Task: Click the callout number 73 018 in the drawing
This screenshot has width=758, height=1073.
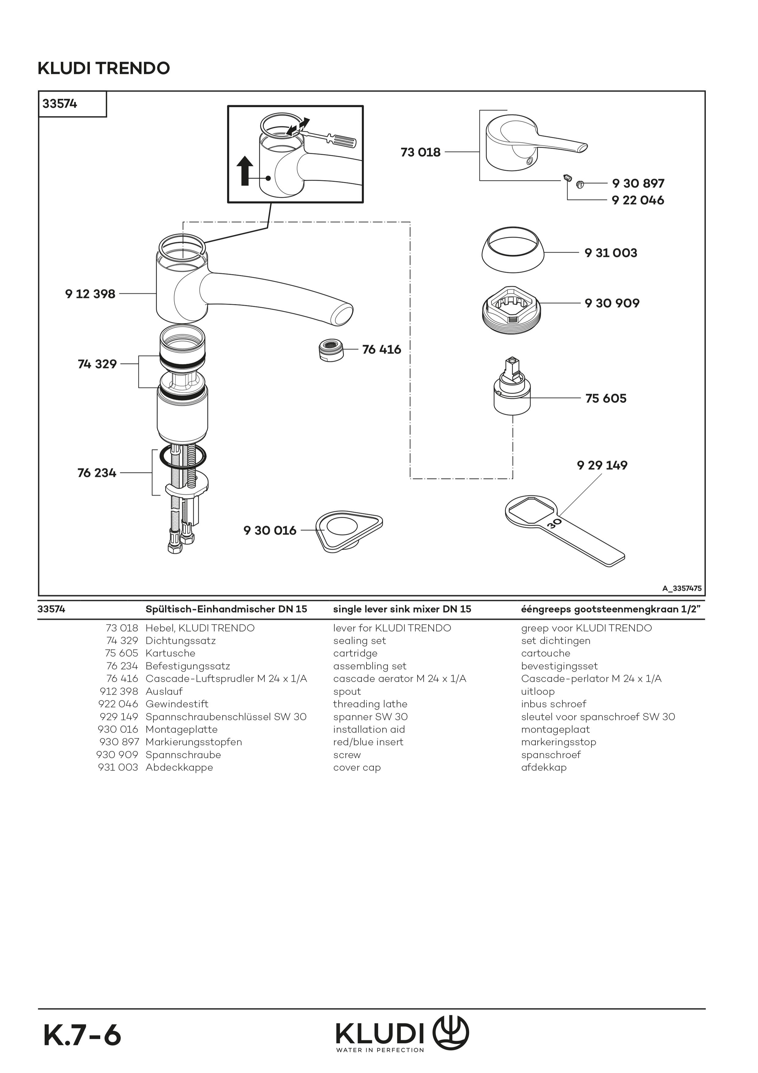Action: point(420,152)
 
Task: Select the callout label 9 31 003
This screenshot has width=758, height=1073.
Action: point(611,253)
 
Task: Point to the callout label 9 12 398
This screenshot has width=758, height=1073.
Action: point(90,294)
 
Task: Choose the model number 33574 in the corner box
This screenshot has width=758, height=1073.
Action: point(60,104)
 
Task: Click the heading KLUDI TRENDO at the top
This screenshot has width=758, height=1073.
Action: point(104,68)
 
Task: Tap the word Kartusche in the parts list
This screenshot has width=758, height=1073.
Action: point(171,653)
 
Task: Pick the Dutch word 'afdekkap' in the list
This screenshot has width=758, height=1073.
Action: point(544,767)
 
